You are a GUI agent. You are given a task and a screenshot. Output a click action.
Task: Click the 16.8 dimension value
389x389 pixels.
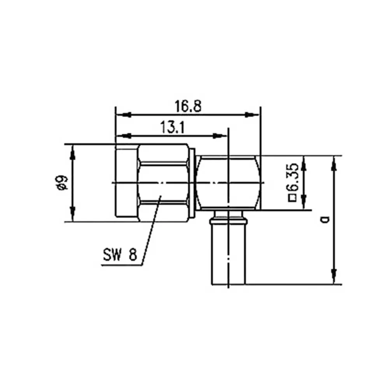pos(188,106)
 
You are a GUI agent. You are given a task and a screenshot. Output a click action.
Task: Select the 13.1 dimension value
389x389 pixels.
pos(172,127)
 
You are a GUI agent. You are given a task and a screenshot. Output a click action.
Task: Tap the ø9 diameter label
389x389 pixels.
pos(61,183)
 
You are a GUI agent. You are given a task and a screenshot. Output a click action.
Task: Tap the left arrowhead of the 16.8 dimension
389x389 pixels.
pos(123,115)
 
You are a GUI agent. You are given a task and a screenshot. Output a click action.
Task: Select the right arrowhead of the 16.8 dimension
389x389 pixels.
pos(252,115)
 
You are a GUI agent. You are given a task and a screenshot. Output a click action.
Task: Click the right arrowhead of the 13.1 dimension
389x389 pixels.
pos(220,136)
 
